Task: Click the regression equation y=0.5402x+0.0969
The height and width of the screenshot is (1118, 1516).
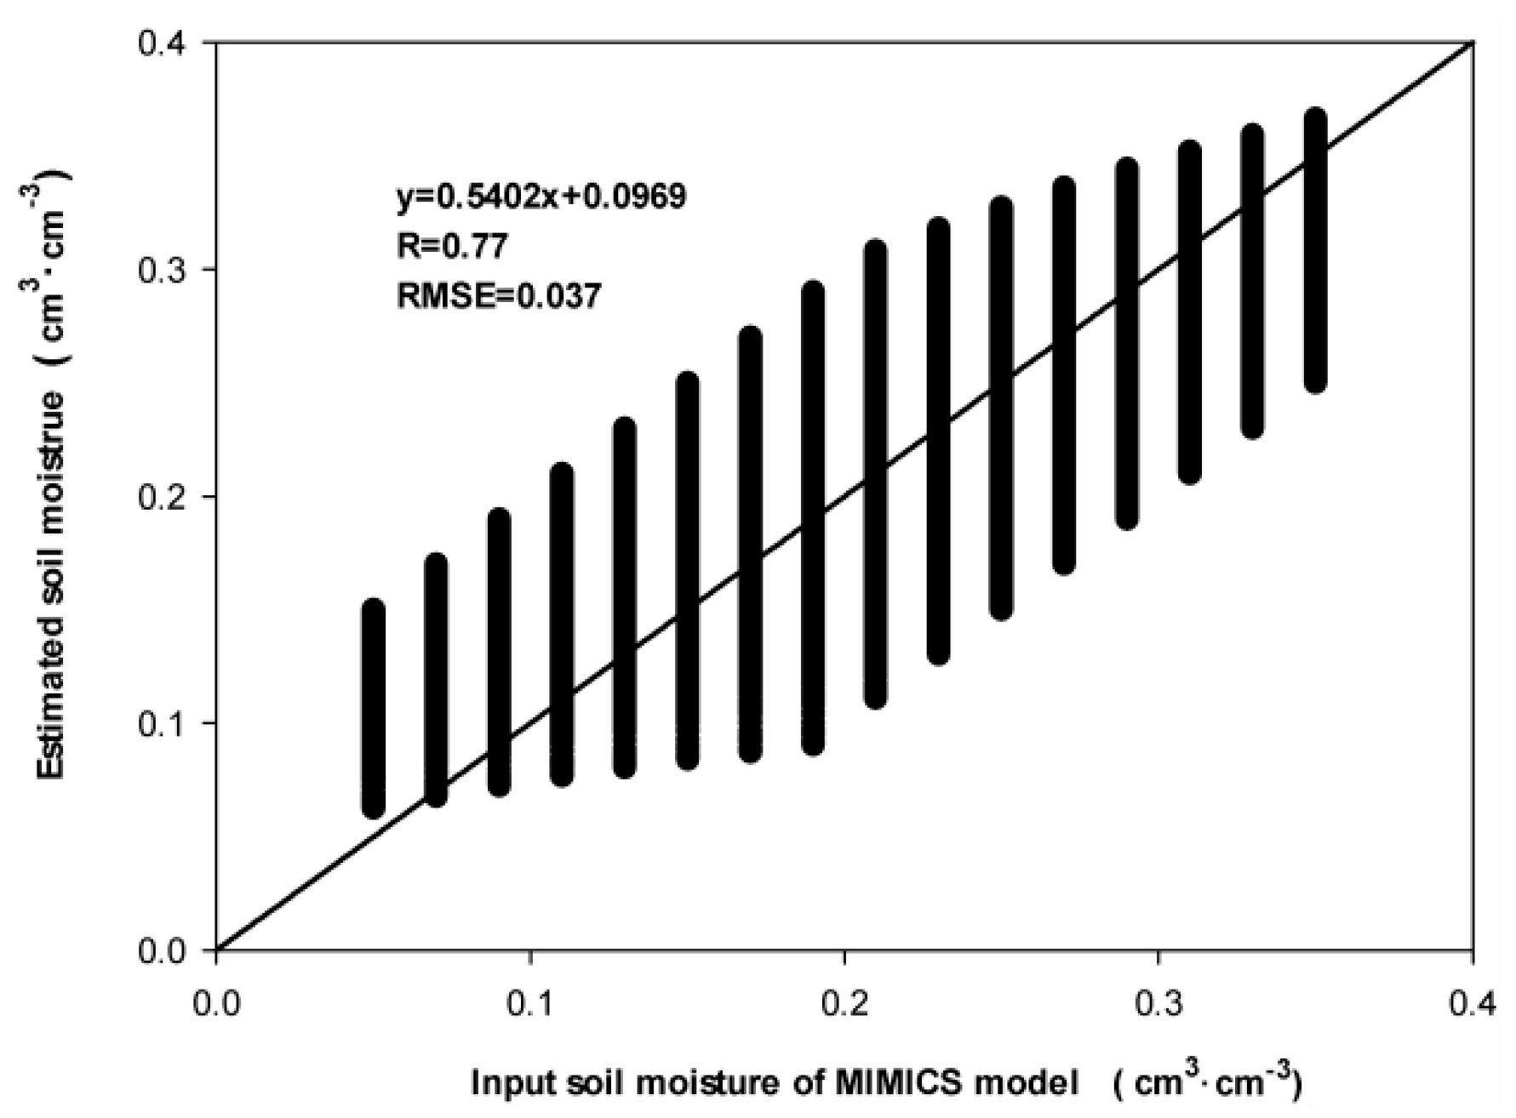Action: point(541,197)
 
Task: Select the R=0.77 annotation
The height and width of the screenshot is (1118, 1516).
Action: point(452,246)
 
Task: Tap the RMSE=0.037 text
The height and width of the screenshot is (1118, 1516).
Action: point(499,295)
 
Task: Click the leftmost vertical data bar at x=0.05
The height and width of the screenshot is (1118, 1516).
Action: point(374,709)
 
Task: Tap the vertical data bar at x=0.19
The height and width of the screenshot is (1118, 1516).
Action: point(814,518)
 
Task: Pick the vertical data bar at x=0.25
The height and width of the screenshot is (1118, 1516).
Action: point(1002,408)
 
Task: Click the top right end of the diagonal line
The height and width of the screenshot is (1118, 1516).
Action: point(1470,44)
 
